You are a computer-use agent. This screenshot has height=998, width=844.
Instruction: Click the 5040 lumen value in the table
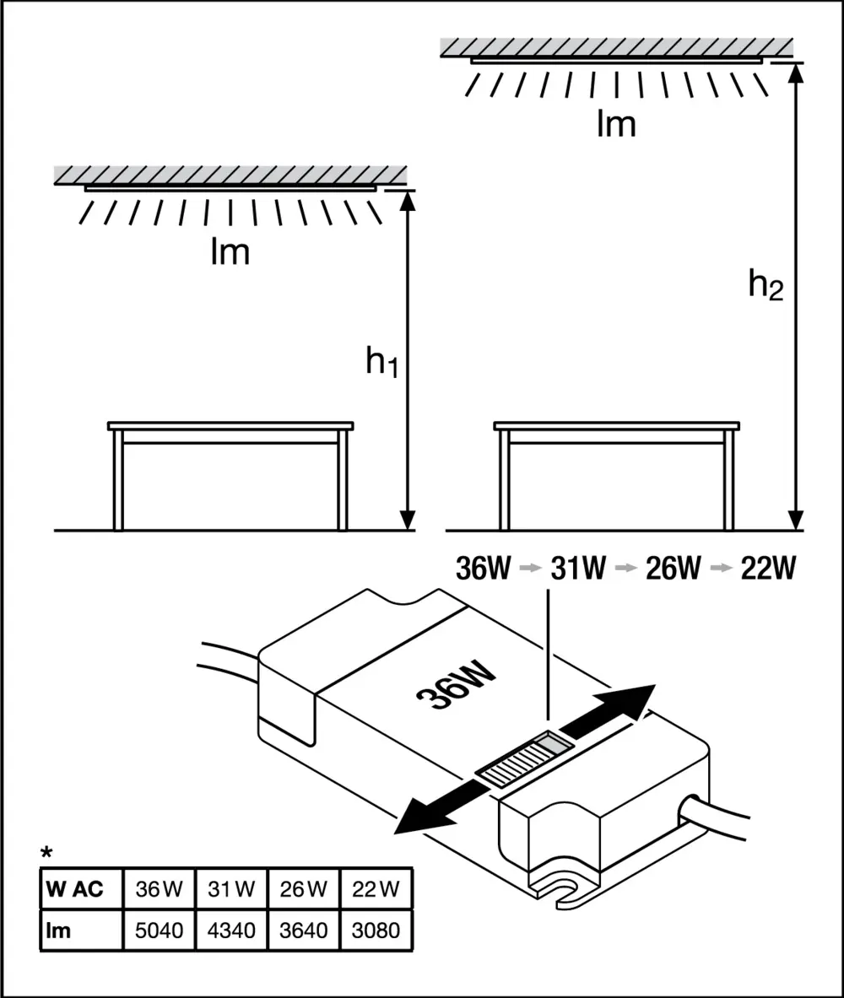tap(159, 931)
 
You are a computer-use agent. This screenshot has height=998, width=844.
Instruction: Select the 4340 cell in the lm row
tap(230, 931)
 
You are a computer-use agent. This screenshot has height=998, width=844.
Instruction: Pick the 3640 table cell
tap(303, 931)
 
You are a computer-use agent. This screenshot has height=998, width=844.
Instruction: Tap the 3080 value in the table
tap(376, 931)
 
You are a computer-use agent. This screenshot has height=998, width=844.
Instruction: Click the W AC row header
tap(76, 889)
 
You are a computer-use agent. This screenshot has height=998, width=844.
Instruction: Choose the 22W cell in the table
tap(376, 889)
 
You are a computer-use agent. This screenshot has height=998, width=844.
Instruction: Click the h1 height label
tap(381, 362)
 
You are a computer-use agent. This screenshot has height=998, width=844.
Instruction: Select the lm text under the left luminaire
tap(230, 252)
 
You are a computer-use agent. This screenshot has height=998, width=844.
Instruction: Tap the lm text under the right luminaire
tap(616, 125)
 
